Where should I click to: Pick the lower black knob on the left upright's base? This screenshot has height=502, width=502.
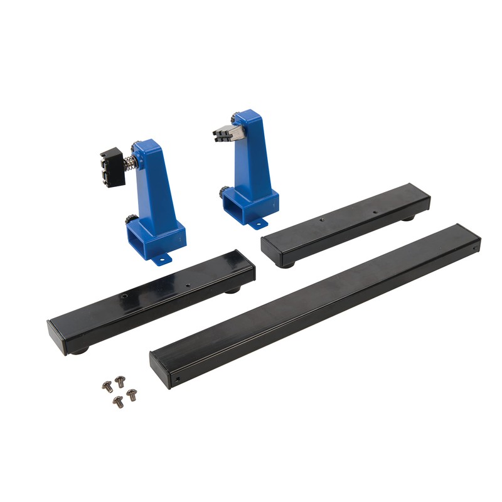coord(131,220)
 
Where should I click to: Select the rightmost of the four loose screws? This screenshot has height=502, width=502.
coord(132,395)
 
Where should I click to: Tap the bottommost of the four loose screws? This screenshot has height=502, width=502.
coord(117,401)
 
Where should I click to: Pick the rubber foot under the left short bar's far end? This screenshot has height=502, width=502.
coord(233,290)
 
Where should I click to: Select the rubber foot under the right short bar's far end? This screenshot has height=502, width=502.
coord(409,218)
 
